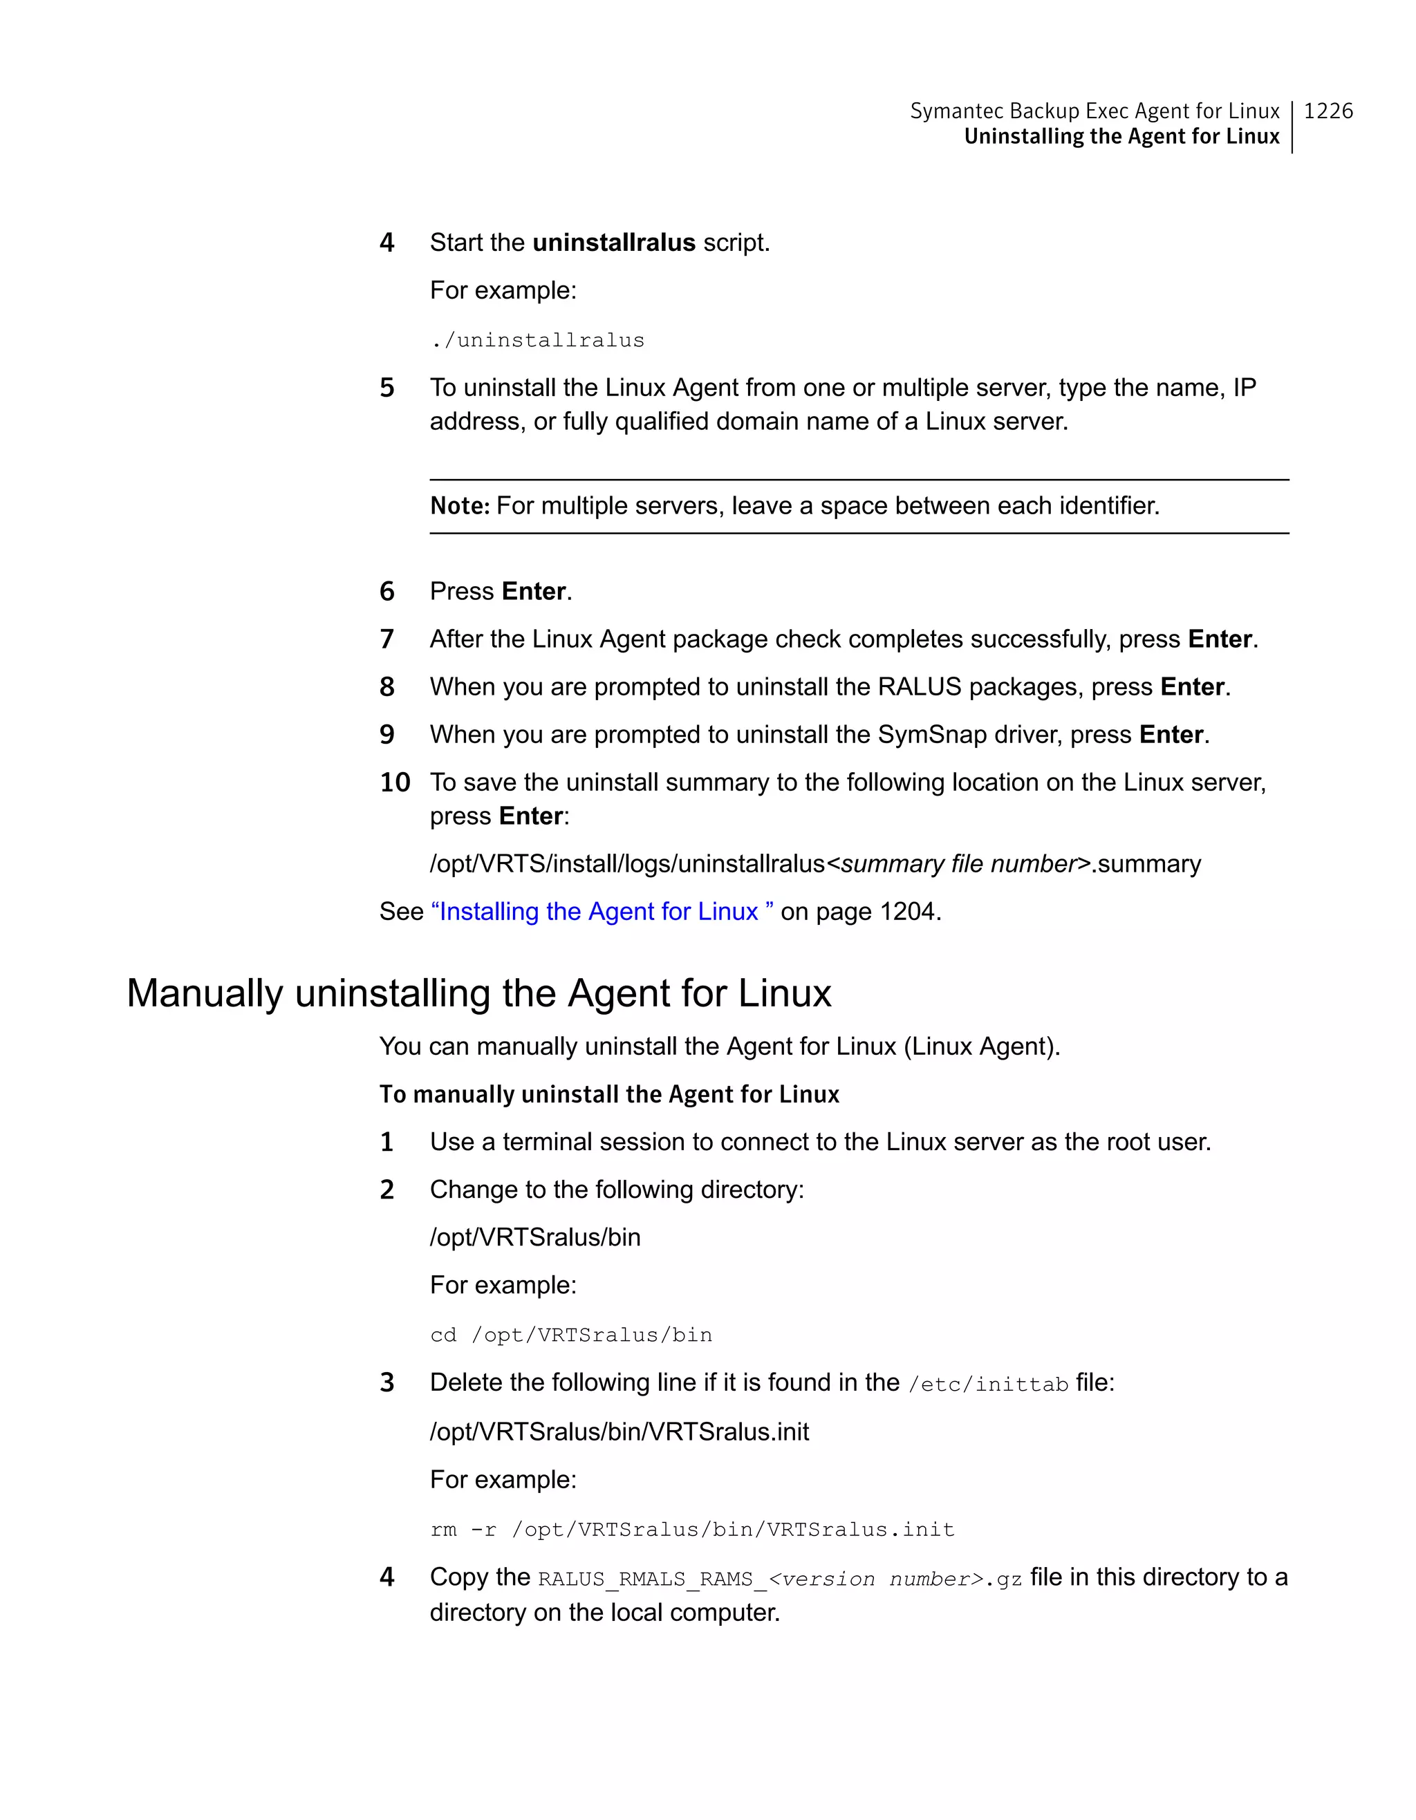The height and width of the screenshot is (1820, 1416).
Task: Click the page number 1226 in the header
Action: [x=1327, y=111]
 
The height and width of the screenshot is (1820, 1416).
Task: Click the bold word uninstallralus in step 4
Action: [x=613, y=243]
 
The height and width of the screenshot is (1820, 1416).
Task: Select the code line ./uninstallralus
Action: [x=537, y=340]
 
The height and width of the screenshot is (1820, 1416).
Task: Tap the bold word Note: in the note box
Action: [x=459, y=506]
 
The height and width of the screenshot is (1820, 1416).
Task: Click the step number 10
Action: [x=394, y=782]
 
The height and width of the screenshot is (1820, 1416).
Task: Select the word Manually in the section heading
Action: [x=204, y=993]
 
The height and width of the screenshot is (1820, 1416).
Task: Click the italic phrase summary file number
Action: [x=959, y=864]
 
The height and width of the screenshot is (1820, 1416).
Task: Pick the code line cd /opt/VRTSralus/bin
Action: [x=571, y=1335]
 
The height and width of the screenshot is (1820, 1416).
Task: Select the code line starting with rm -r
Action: [x=691, y=1529]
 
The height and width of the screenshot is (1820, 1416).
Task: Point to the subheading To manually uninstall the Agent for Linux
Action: [x=608, y=1094]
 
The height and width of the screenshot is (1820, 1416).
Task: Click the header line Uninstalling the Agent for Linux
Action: [x=1121, y=137]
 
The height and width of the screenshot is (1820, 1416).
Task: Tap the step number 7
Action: [x=386, y=639]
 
